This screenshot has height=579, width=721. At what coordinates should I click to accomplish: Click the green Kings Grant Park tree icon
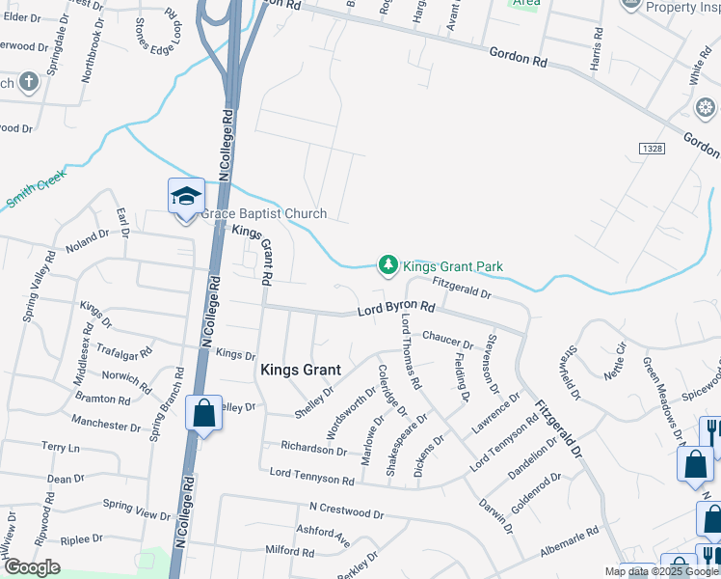pyautogui.click(x=387, y=264)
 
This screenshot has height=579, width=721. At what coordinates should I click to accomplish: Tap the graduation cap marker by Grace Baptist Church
pyautogui.click(x=186, y=197)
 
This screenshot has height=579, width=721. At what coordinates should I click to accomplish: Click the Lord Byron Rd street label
pyautogui.click(x=396, y=309)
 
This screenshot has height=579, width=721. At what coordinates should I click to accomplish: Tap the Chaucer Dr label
pyautogui.click(x=448, y=341)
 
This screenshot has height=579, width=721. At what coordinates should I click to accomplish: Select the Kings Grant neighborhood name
pyautogui.click(x=300, y=370)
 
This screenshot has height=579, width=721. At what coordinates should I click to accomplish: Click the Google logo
pyautogui.click(x=33, y=567)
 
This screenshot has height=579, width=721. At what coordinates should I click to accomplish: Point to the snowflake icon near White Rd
pyautogui.click(x=705, y=105)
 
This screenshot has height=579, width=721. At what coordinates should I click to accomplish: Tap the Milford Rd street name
pyautogui.click(x=288, y=552)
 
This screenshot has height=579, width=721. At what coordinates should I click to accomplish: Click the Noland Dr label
pyautogui.click(x=88, y=238)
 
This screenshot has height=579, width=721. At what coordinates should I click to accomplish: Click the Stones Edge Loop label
pyautogui.click(x=157, y=32)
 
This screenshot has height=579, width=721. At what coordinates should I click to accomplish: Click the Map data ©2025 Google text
pyautogui.click(x=660, y=572)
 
